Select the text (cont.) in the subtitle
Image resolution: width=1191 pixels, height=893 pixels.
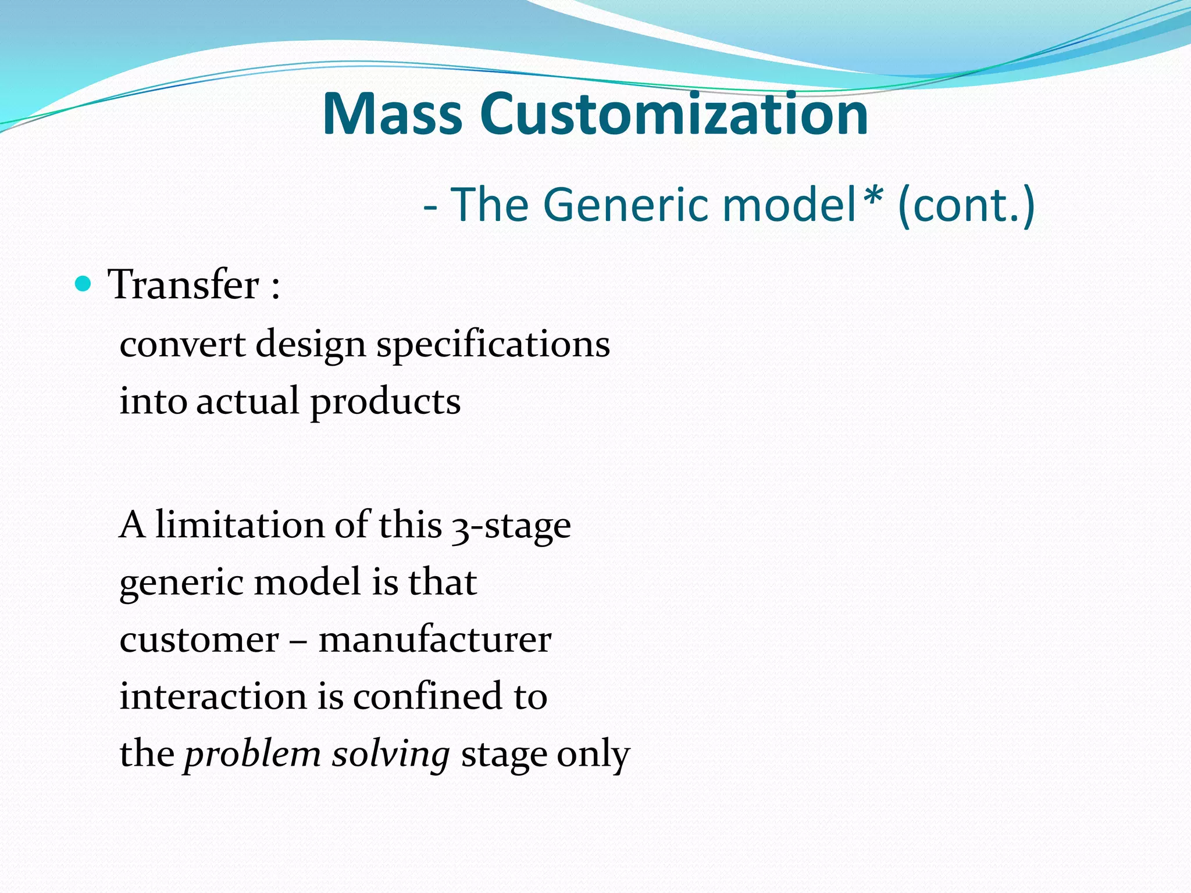(x=966, y=205)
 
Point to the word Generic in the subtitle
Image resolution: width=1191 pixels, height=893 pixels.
(x=625, y=205)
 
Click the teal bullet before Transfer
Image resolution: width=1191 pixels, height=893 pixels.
(x=84, y=284)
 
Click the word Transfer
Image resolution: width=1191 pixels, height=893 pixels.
(x=183, y=285)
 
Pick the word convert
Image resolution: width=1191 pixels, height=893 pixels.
(x=182, y=344)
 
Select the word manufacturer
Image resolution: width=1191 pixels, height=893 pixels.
(x=434, y=640)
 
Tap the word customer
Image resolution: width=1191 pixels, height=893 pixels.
(x=199, y=641)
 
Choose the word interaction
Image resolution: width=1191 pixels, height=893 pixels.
(x=212, y=696)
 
